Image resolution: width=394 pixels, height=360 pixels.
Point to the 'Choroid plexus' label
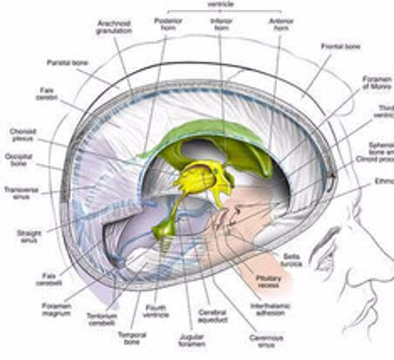tap(24, 135)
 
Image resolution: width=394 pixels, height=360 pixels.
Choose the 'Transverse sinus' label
tap(22, 192)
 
